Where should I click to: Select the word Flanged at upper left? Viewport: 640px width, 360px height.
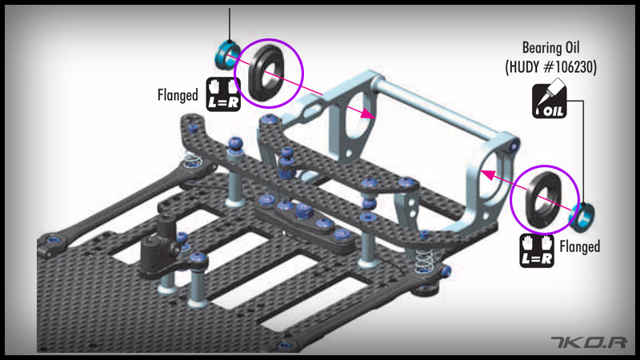[178, 95]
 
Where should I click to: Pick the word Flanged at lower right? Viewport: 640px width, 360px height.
[579, 246]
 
